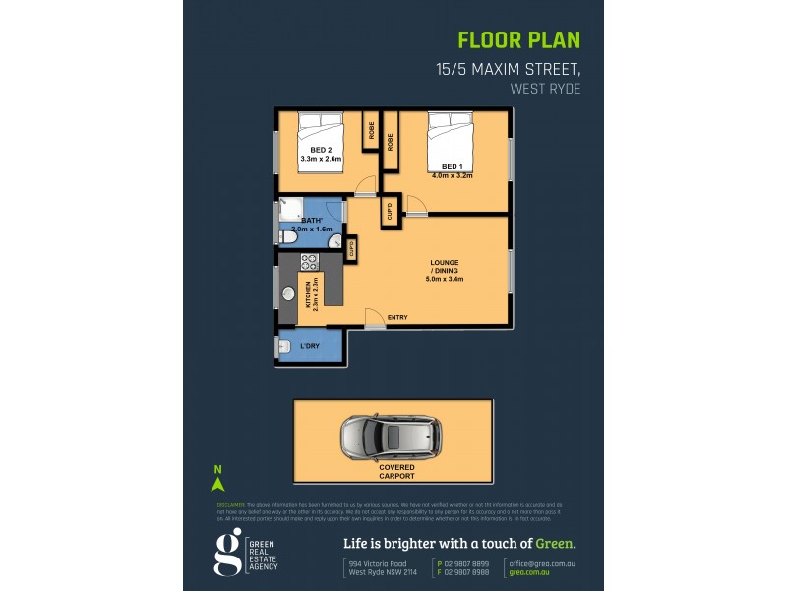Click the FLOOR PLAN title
click(x=519, y=40)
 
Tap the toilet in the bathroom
click(x=285, y=236)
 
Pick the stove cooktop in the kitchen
click(x=306, y=262)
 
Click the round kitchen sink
click(x=289, y=294)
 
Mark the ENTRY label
click(x=397, y=317)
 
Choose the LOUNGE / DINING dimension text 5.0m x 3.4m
click(x=444, y=280)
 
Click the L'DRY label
click(x=310, y=346)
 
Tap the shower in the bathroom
click(x=290, y=208)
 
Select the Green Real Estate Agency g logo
click(x=227, y=552)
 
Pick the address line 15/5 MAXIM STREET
click(x=508, y=70)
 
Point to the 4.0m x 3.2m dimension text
click(x=453, y=176)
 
